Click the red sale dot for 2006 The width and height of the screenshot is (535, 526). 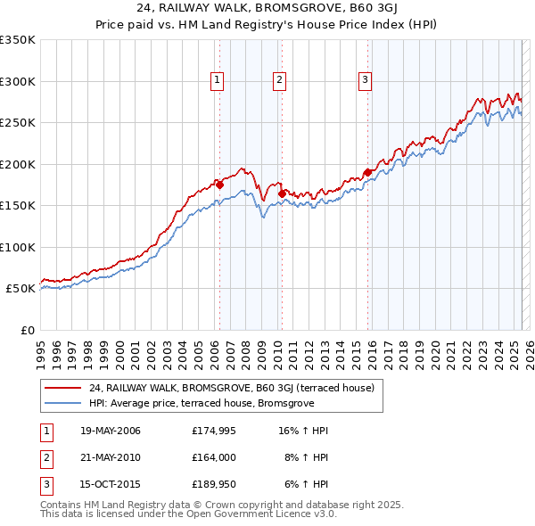(x=219, y=185)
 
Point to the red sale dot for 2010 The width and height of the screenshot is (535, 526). (x=282, y=193)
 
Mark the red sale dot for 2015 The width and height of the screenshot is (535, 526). (x=367, y=172)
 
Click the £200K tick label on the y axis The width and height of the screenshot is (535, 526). (x=19, y=164)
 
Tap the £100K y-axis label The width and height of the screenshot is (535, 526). (x=19, y=247)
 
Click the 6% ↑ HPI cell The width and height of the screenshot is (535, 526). (x=309, y=484)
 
